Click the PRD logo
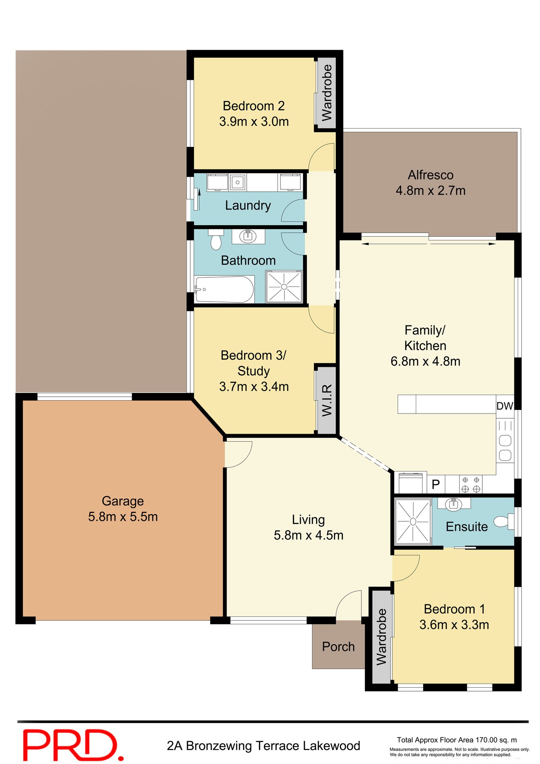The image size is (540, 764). coord(73,745)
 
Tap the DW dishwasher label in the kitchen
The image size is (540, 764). coord(504,406)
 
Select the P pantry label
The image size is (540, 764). coord(436,484)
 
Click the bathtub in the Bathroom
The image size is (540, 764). coord(224,289)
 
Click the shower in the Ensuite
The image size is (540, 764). coord(413,521)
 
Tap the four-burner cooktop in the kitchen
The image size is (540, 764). coord(471,485)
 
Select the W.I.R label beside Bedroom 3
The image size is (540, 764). coord(327,400)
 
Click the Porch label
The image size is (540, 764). coord(338,647)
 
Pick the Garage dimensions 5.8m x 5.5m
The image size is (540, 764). coord(123,516)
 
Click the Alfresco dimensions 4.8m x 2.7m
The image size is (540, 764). coord(430,191)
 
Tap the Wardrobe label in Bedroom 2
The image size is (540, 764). coord(327,93)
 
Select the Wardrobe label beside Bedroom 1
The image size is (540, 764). coord(382,637)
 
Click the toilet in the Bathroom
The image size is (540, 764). coord(216,240)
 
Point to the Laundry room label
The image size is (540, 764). coord(248,205)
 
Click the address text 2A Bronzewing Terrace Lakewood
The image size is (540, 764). coord(263,745)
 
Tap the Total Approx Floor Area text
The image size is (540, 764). coord(456,740)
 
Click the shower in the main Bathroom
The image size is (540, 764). coord(284,286)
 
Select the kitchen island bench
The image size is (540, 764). coord(447,404)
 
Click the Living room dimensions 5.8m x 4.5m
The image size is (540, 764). coord(308,535)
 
